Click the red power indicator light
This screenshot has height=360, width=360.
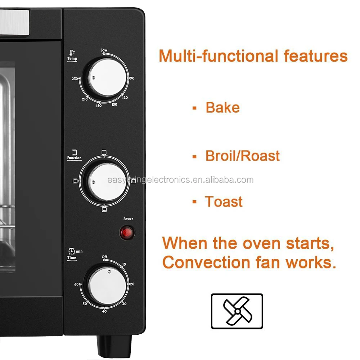(x=127, y=233)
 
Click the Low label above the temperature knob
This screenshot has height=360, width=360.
(x=104, y=50)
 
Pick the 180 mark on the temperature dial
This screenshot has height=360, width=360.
(x=99, y=106)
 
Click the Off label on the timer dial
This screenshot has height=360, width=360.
(x=104, y=257)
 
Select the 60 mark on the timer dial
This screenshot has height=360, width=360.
(x=76, y=284)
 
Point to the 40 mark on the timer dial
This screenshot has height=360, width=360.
(x=104, y=311)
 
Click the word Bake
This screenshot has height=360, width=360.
(x=222, y=108)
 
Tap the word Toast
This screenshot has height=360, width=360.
(x=224, y=202)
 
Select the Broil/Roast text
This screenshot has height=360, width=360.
(x=242, y=156)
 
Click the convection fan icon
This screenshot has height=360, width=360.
(x=237, y=311)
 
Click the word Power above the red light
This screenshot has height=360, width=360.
(x=128, y=219)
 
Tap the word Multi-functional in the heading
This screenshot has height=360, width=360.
(x=218, y=57)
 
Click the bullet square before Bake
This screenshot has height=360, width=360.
(x=194, y=108)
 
